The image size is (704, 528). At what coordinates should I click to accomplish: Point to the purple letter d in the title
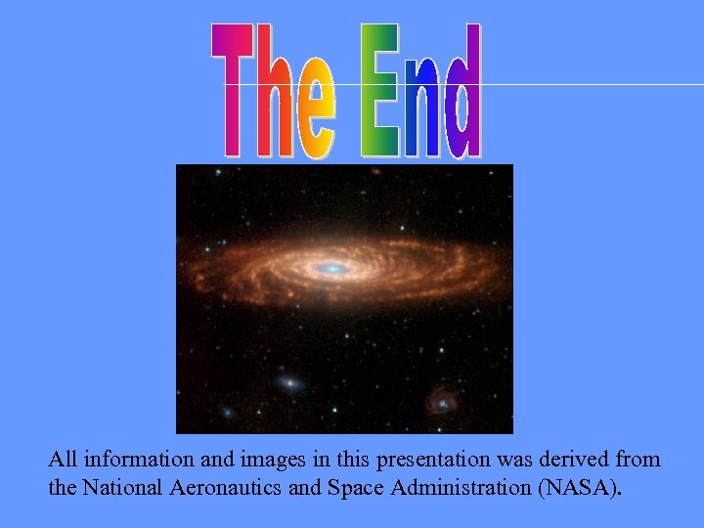coord(462,98)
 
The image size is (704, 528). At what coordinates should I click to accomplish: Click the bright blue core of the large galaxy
coord(331,267)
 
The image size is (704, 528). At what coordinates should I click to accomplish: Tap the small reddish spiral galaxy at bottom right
coord(443,400)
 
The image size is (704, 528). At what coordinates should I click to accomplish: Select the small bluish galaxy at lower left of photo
coord(288,382)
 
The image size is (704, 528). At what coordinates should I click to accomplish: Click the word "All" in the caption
coord(64,459)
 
